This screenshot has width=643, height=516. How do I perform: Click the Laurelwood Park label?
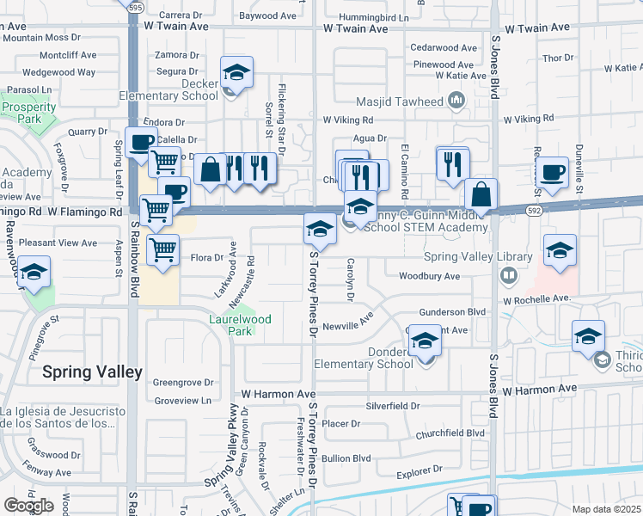coord(240,325)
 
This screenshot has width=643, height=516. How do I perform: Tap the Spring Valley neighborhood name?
coord(93,372)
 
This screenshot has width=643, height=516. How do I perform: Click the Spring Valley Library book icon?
coord(509,275)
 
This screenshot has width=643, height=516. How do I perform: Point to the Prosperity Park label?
coord(28,114)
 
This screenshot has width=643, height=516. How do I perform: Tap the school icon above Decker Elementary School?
coord(236,72)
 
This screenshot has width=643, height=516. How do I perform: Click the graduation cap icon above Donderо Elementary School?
coord(424,341)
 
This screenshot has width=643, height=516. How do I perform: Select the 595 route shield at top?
coord(136,6)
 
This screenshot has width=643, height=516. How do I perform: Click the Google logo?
coord(28,506)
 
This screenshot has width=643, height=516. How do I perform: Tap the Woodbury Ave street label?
coord(429,276)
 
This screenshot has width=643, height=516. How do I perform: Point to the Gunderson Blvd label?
coord(452,312)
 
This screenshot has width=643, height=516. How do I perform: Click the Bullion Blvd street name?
coord(346,458)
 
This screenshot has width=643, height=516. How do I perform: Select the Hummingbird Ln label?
coord(373,16)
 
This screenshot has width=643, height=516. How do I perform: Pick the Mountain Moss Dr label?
coord(43,39)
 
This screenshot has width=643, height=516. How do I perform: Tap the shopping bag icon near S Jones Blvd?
coord(481,194)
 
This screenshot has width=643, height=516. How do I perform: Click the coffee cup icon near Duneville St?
coord(552,172)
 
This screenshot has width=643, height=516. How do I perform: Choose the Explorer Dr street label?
coord(419,471)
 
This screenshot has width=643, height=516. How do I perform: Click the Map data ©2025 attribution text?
coord(607,509)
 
